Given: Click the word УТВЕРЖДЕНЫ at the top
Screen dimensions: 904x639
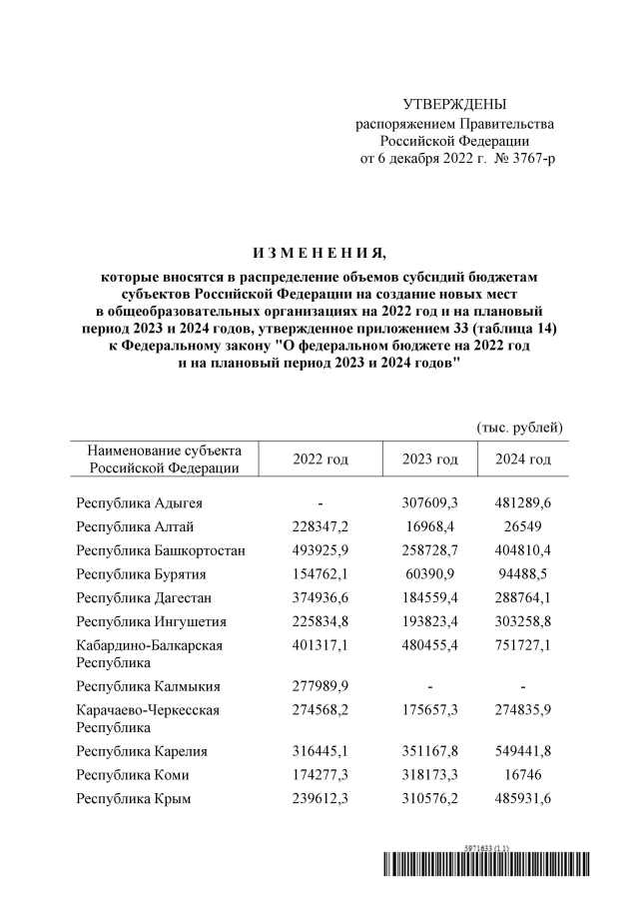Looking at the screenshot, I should (x=454, y=105).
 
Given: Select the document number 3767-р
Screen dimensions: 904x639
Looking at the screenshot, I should (x=530, y=159).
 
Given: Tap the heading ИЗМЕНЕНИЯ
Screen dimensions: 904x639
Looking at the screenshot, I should (x=319, y=249).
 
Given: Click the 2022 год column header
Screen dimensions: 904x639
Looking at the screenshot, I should (x=320, y=459).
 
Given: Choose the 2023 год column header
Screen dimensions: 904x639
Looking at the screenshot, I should (x=430, y=459).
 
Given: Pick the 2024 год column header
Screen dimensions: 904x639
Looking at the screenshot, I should (x=523, y=459).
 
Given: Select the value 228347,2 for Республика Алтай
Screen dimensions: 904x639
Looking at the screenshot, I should (x=320, y=526).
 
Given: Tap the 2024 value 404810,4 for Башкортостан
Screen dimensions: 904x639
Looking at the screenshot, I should (x=523, y=550).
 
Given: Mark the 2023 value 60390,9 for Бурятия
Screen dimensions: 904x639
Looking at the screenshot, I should (x=430, y=574).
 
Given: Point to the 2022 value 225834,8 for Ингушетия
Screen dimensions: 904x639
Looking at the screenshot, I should (x=320, y=622).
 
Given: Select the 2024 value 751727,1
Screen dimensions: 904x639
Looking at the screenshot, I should (x=523, y=645).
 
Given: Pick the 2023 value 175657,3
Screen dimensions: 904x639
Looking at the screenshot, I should (x=430, y=710).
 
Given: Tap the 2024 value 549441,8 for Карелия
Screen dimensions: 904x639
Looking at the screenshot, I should (x=523, y=751).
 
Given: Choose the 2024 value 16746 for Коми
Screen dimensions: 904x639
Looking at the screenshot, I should (x=523, y=775).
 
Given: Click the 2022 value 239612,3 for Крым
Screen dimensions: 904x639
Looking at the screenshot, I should (x=320, y=799).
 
